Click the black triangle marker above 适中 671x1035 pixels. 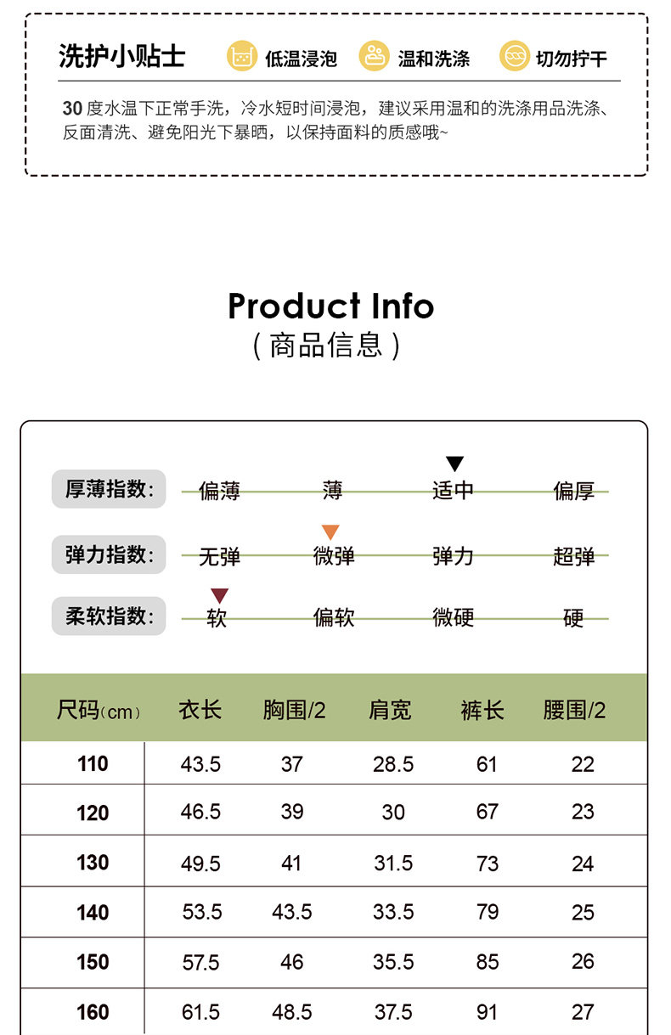[455, 464]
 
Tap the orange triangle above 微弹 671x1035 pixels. [330, 532]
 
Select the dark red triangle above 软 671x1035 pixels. [219, 595]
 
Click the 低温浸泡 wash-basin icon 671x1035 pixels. [241, 56]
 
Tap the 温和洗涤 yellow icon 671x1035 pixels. [374, 56]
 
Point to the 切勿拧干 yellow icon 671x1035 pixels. [514, 56]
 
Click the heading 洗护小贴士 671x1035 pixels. [121, 56]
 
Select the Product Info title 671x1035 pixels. [330, 306]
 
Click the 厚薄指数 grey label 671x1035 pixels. [109, 489]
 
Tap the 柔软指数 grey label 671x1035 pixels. [109, 616]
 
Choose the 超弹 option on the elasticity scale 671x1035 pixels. [573, 556]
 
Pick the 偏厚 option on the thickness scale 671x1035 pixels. [573, 491]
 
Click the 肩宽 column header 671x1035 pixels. [390, 710]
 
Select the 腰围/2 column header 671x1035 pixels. [574, 710]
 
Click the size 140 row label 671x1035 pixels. [93, 913]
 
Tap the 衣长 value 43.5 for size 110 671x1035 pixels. [200, 764]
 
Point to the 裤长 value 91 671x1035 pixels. [487, 1012]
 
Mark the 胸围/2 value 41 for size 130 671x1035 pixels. [291, 863]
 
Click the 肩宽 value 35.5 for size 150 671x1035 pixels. [393, 962]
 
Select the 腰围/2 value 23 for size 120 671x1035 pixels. [583, 813]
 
